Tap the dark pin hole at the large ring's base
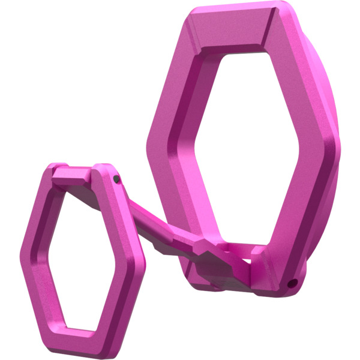coord(292,283)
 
